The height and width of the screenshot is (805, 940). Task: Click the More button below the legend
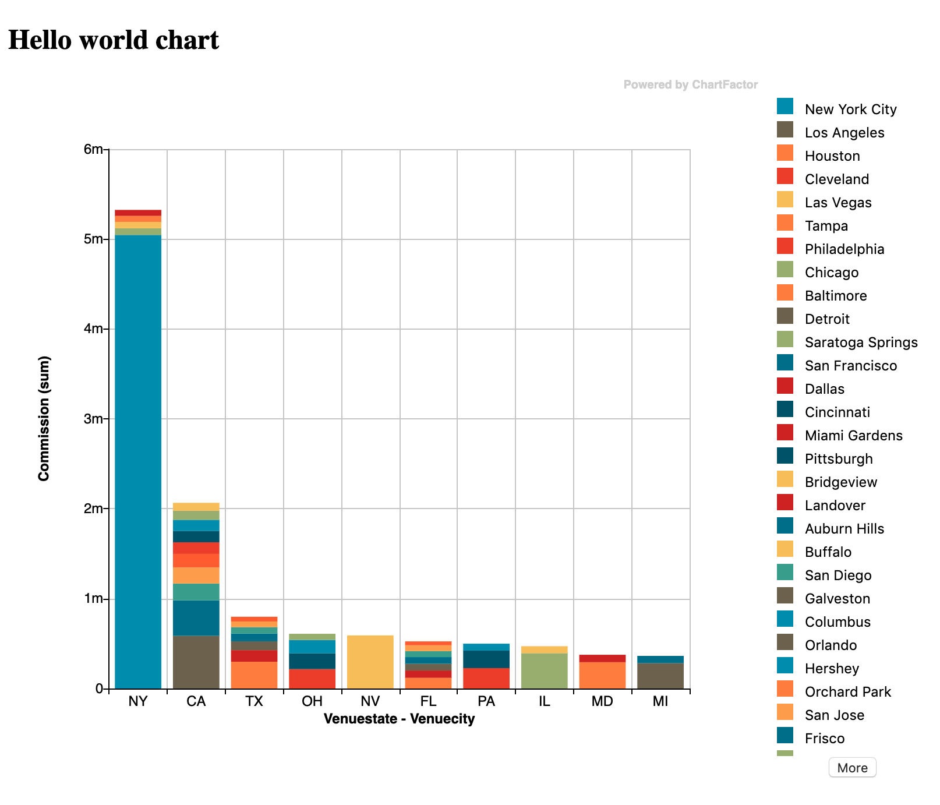coord(852,768)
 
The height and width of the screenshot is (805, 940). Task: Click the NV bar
coord(370,662)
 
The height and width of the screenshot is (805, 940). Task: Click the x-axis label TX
coord(254,701)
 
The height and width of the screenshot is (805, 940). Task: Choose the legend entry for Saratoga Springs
coord(861,343)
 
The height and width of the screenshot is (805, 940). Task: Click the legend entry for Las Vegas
coord(837,203)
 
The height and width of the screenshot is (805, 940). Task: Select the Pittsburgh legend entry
coord(838,459)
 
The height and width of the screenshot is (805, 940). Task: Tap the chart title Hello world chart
coord(114,40)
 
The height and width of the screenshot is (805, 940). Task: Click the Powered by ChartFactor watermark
coord(690,84)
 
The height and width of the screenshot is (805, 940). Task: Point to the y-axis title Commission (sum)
coord(44,418)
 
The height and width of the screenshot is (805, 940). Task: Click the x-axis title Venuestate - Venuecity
coord(399,719)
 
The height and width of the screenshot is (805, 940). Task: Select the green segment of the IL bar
coord(545,671)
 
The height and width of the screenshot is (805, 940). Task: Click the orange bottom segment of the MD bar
coord(602,675)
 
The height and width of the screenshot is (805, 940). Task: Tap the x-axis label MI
coord(660,701)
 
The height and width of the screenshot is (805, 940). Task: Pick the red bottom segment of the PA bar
coord(486,678)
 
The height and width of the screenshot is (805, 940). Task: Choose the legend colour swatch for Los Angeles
coord(785,129)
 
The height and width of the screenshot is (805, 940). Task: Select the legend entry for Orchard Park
coord(847,692)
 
